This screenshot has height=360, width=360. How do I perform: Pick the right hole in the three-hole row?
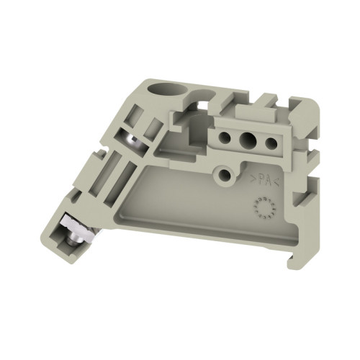coord(271,143)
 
